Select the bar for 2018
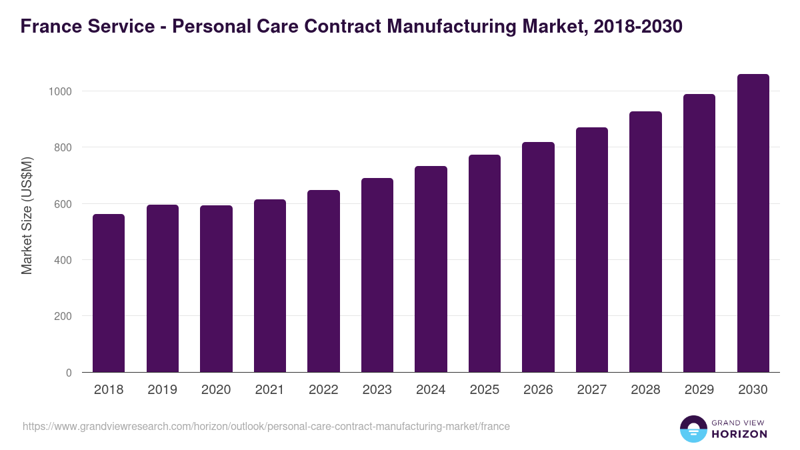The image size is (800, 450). [109, 293]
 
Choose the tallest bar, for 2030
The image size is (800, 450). [753, 223]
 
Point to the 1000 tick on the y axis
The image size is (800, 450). [59, 91]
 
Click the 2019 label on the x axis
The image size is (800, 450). [163, 390]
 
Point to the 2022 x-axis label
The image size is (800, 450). [323, 390]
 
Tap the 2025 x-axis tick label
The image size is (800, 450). [485, 390]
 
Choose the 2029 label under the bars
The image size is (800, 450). [699, 390]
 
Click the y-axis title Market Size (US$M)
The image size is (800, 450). [27, 215]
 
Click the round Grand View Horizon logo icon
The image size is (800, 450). [693, 429]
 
